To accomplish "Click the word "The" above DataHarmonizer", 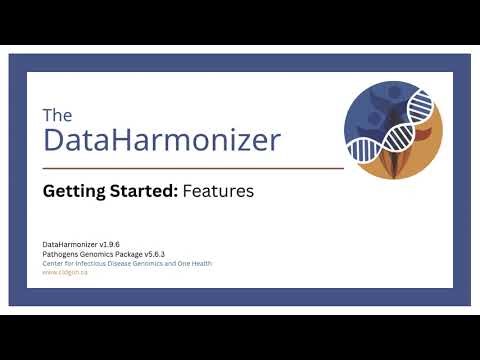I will tap(58, 115).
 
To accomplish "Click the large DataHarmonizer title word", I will tap(162, 140).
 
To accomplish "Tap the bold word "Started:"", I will tap(143, 190).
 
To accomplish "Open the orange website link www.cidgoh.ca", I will tap(64, 272).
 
